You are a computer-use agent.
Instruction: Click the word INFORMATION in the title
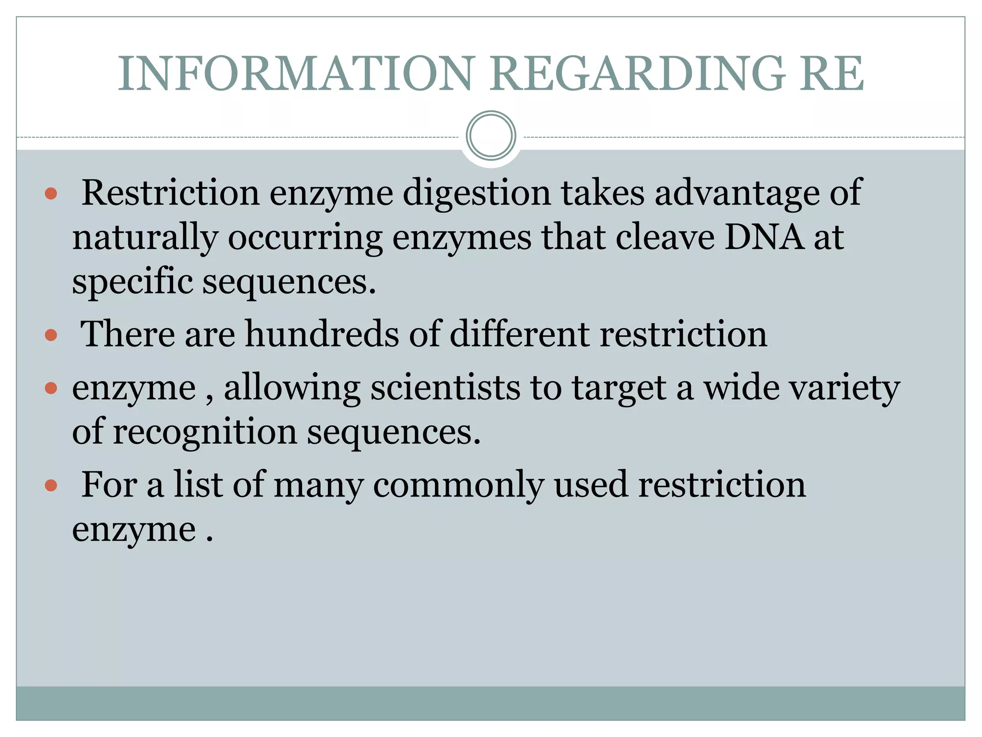point(296,74)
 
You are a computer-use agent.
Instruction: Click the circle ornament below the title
point(491,136)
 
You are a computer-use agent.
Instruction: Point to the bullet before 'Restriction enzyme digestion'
point(51,194)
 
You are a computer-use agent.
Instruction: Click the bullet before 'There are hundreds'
point(51,335)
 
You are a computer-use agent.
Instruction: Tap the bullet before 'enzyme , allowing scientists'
point(51,388)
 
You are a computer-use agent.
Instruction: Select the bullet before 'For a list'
point(51,486)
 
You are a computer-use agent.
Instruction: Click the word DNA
point(764,237)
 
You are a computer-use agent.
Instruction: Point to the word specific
point(132,282)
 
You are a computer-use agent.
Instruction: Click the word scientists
point(445,388)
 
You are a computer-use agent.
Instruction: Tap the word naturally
point(145,238)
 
